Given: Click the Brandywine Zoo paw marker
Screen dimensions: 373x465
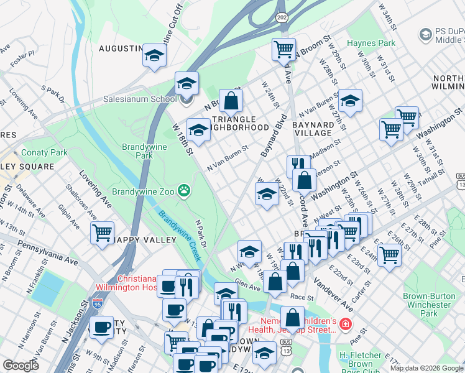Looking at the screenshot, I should (x=184, y=190).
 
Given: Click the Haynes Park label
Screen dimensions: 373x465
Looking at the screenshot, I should (x=371, y=44).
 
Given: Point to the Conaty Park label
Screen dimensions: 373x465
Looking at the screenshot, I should (x=44, y=152).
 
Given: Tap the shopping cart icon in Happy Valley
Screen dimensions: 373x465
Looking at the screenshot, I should (x=102, y=234).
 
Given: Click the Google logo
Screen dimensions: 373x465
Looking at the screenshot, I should (x=21, y=366).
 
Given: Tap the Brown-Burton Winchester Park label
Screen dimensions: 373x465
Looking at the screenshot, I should (x=426, y=305).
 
